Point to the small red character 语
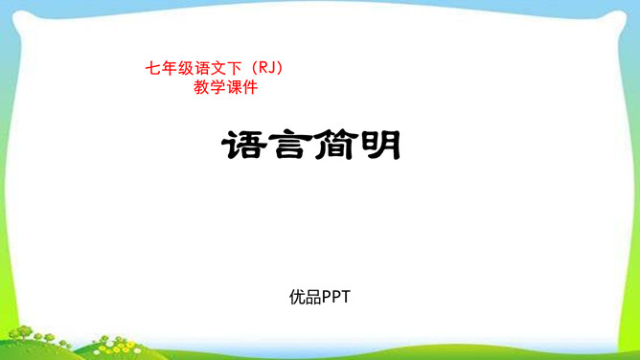199,69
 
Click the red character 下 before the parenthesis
232,69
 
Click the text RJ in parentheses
266,69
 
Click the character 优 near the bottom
297,297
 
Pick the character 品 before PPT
312,297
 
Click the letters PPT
336,297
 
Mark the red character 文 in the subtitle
216,69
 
